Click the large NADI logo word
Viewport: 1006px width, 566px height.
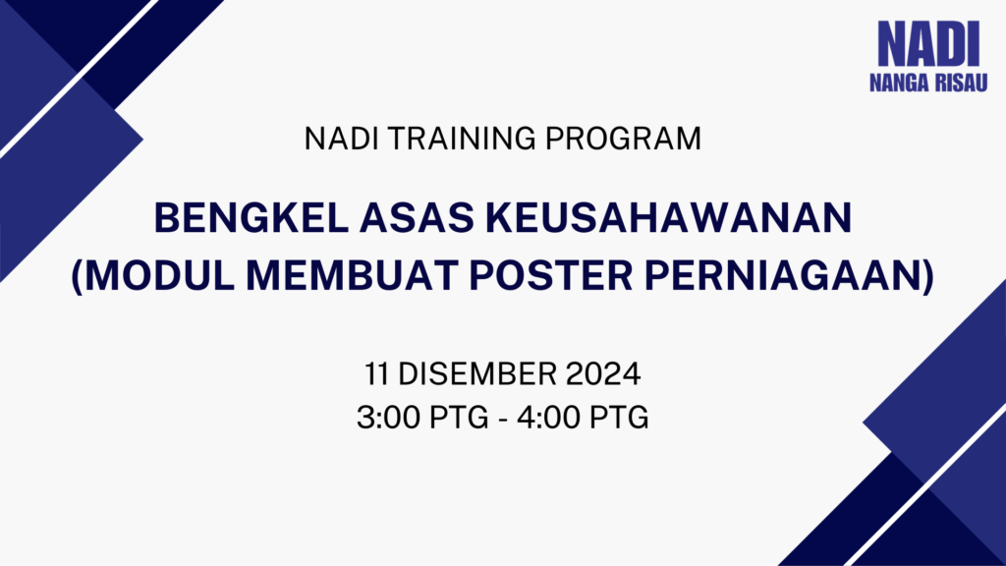pos(928,43)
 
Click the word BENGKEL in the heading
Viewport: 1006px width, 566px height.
pos(251,217)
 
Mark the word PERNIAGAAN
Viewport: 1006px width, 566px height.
pos(783,275)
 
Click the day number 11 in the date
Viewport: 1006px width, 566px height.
pos(376,374)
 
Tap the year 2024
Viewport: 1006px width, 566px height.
pos(603,374)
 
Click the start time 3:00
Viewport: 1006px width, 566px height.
pos(389,417)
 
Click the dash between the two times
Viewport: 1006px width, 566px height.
pos(502,419)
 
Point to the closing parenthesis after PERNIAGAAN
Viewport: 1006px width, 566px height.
pos(927,276)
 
